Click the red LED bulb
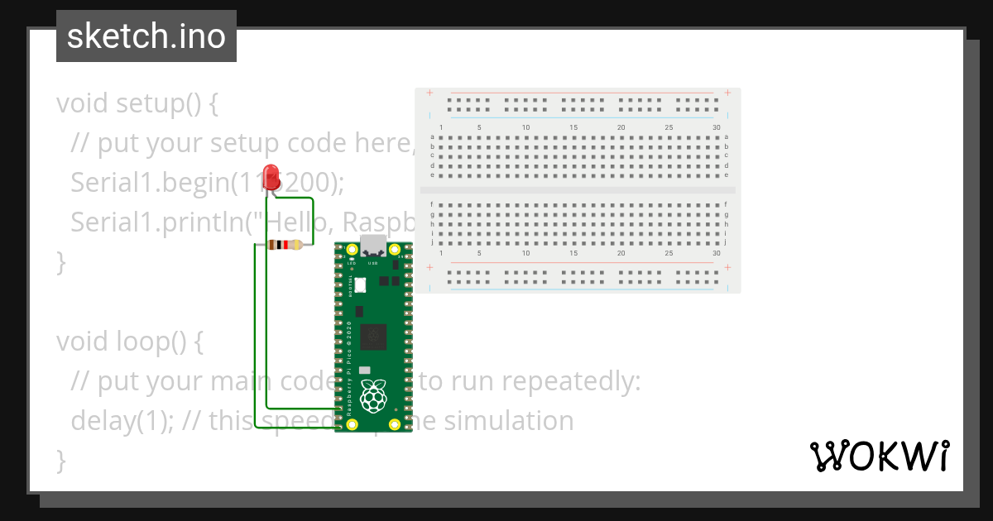click(x=270, y=176)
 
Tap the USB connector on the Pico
click(x=373, y=246)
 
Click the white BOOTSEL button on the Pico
click(x=362, y=284)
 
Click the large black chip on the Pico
click(x=374, y=336)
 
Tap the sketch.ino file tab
click(x=146, y=36)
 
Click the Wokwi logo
click(x=879, y=456)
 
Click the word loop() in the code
click(x=162, y=341)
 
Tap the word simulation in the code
click(x=509, y=421)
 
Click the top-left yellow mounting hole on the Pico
click(x=353, y=250)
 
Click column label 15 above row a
click(x=573, y=127)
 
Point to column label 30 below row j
click(x=716, y=253)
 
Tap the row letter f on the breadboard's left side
click(x=432, y=204)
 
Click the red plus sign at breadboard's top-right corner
click(x=727, y=93)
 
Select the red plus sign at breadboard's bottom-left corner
click(x=429, y=268)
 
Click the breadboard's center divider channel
click(x=578, y=190)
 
